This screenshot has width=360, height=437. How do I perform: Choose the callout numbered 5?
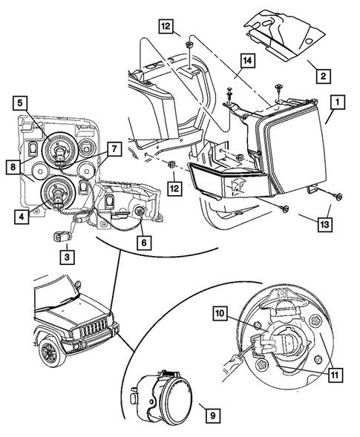click(x=22, y=103)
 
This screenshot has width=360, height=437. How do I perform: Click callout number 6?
click(x=145, y=241)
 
